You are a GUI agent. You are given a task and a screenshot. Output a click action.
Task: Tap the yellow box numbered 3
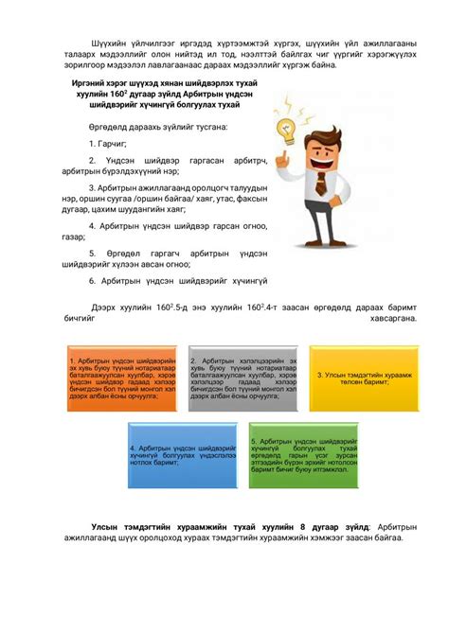click(360, 378)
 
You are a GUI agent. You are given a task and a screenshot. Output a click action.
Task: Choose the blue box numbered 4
click(182, 455)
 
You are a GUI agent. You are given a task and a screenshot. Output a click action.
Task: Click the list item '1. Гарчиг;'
click(108, 143)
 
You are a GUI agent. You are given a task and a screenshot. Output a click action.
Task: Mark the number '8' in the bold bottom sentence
click(302, 525)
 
